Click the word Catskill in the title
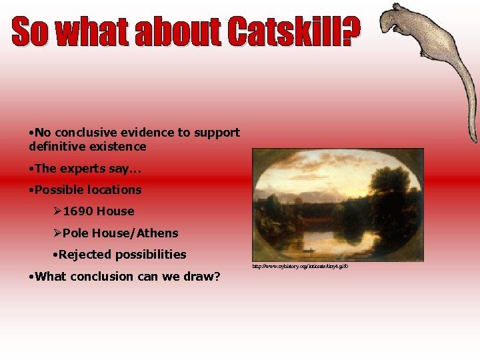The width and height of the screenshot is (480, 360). click(284, 32)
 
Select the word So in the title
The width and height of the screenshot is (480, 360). click(31, 32)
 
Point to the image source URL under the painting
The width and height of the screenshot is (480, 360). click(299, 267)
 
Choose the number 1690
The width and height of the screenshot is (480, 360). click(78, 211)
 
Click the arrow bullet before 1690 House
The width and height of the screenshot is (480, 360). click(57, 211)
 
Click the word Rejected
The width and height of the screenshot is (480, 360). click(83, 255)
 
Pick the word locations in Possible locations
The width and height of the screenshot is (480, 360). click(114, 190)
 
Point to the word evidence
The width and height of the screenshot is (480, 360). click(140, 133)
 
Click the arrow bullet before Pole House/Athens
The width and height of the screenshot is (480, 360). click(57, 233)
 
